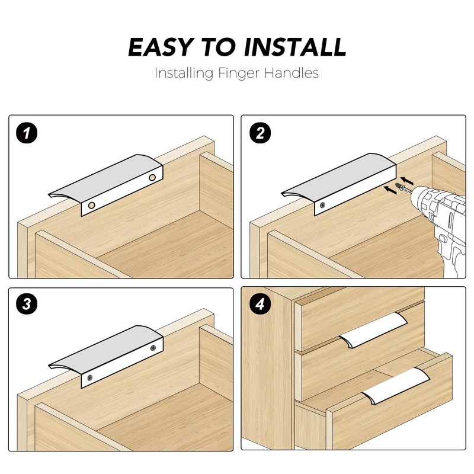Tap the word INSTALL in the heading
point(295,47)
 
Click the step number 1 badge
point(27,133)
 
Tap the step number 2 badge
point(260,133)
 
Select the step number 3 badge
point(27,304)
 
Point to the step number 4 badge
point(260,304)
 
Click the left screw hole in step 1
point(92,206)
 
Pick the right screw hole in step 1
point(152,177)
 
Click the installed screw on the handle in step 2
point(323,205)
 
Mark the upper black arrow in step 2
point(407,181)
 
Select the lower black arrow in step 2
point(390,190)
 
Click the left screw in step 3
point(90,377)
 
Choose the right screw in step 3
point(153,348)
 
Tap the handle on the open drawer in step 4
point(396,386)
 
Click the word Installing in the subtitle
point(184,73)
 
